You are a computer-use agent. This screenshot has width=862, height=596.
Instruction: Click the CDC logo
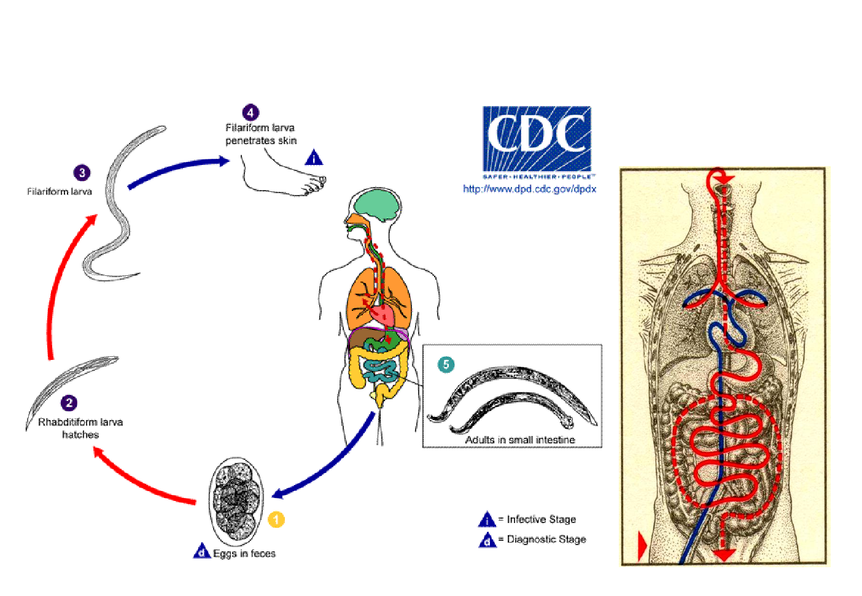tap(537, 139)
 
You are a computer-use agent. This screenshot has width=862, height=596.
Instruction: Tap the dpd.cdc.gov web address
tap(529, 189)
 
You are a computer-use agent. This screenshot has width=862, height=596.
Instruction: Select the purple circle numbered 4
tap(250, 113)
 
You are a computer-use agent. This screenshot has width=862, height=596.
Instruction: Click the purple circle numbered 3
tap(82, 173)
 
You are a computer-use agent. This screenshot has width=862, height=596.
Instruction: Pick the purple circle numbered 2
tap(69, 403)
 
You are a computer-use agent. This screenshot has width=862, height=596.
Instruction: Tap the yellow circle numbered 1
tap(276, 519)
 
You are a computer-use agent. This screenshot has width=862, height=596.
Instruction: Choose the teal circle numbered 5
tap(446, 365)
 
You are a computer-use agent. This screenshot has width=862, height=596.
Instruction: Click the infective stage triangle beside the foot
tap(314, 158)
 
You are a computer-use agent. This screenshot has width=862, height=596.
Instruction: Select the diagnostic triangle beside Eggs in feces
tap(202, 551)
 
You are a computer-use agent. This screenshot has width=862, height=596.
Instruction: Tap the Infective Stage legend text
tap(541, 519)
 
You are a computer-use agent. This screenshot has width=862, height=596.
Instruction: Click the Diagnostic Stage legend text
tap(546, 540)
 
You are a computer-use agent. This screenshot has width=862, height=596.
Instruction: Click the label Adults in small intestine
tap(520, 440)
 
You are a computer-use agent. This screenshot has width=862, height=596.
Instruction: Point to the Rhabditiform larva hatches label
tap(80, 428)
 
